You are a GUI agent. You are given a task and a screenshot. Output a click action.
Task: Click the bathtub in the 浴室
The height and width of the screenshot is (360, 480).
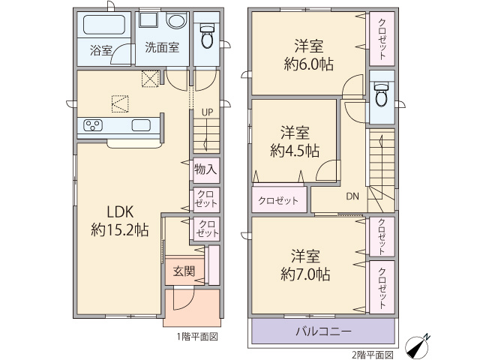104,25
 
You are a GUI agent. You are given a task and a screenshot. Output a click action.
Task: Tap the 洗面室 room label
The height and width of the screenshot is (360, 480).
162,47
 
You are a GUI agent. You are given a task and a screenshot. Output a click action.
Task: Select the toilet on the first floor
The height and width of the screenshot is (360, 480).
207,37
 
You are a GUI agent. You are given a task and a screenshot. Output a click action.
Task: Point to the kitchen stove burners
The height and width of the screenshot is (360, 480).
93,125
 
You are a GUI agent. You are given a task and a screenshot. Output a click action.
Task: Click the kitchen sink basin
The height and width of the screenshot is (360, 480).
141,125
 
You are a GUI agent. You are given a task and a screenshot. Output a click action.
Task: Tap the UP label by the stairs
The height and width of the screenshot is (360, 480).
207,112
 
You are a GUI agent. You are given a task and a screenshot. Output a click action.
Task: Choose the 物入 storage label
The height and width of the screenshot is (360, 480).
205,169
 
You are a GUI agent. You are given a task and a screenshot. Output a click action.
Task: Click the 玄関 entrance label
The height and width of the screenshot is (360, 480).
184,271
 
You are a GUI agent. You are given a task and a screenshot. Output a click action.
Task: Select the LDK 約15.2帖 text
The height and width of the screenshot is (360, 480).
120,220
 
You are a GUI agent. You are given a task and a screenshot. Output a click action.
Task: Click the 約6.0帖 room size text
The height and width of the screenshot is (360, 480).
309,64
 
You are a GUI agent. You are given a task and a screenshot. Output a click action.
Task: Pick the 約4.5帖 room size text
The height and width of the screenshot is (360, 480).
295,151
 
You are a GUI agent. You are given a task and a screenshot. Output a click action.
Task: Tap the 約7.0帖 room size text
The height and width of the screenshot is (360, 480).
305,274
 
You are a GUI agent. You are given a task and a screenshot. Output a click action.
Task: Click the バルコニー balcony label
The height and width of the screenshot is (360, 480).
323,331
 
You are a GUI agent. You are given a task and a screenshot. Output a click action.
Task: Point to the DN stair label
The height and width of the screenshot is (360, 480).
352,196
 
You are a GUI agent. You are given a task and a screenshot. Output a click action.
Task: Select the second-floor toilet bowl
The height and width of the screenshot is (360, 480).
382,95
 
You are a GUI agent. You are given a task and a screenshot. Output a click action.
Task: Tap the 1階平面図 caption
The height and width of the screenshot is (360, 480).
197,337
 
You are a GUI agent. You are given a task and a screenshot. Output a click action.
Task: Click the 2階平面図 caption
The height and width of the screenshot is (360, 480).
373,355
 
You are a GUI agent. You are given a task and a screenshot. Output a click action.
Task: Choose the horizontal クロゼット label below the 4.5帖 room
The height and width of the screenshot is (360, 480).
278,200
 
